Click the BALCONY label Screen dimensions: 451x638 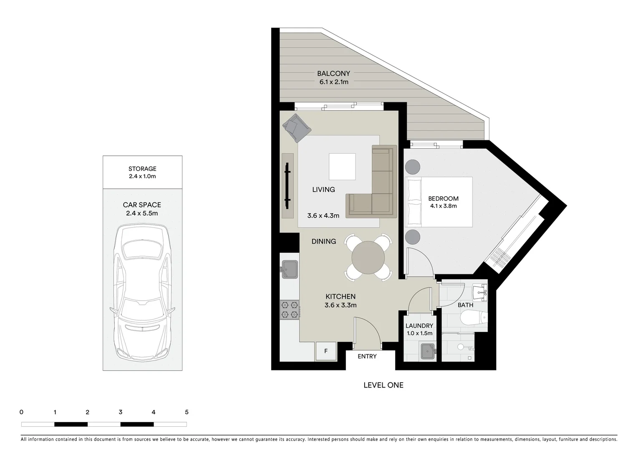tap(333, 73)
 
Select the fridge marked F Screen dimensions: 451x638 tap(326, 351)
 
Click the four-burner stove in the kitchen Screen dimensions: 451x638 tap(290, 310)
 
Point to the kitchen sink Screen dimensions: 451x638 tap(289, 269)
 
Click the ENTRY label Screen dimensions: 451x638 tap(367, 356)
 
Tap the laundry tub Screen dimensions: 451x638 tap(428, 351)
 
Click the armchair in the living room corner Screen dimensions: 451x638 tap(296, 127)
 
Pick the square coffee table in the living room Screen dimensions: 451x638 tap(342, 166)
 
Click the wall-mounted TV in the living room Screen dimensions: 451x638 tap(287, 186)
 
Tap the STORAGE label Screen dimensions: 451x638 tap(142, 169)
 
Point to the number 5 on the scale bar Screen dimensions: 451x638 tap(187, 412)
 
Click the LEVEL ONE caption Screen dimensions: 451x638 tap(383, 385)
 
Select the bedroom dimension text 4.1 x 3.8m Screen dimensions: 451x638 tap(443, 206)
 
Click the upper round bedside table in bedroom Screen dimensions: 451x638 tap(413, 166)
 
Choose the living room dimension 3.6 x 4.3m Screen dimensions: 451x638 tap(323, 216)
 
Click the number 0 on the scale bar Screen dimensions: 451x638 tap(21, 412)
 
